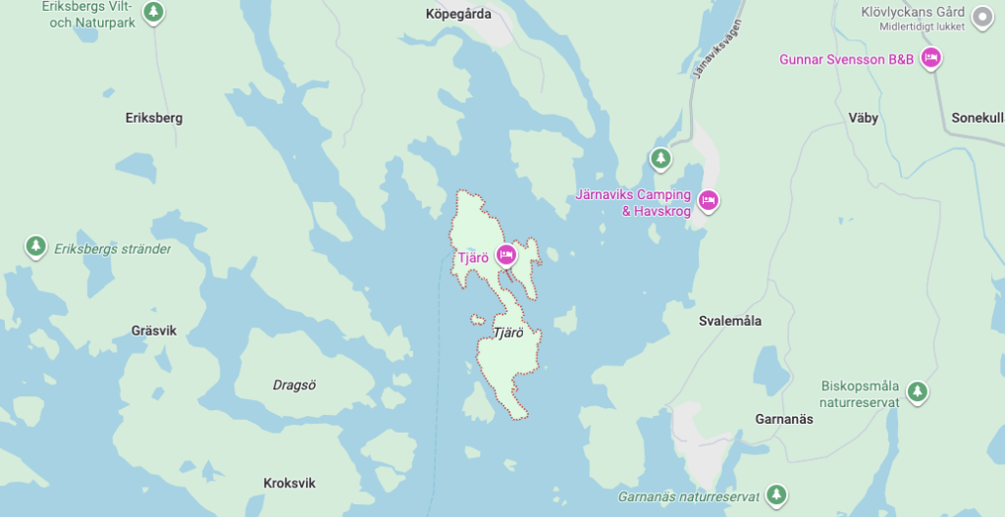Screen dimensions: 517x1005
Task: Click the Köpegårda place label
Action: pyautogui.click(x=458, y=14)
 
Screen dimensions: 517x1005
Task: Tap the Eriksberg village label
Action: pyautogui.click(x=154, y=118)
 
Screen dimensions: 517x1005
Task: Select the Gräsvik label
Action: pyautogui.click(x=154, y=331)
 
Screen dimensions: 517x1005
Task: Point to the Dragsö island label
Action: pyautogui.click(x=294, y=385)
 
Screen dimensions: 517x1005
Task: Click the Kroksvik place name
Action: pyautogui.click(x=290, y=483)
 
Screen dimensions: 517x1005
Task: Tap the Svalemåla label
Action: pyautogui.click(x=730, y=321)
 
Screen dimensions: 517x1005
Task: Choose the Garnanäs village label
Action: pyautogui.click(x=784, y=419)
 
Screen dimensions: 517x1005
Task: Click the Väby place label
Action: pyautogui.click(x=864, y=118)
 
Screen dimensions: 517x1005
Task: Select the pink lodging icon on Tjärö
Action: pyautogui.click(x=506, y=255)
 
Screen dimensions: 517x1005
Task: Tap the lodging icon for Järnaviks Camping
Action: pyautogui.click(x=709, y=201)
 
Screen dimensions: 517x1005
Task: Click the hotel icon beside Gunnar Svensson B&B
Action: pyautogui.click(x=931, y=59)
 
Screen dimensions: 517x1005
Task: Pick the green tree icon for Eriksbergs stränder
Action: pyautogui.click(x=36, y=245)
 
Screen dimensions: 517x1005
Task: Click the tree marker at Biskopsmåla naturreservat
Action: pyautogui.click(x=918, y=391)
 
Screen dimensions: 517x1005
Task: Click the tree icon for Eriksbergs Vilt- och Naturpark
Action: pyautogui.click(x=153, y=12)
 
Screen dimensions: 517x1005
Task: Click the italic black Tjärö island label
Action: pyautogui.click(x=507, y=333)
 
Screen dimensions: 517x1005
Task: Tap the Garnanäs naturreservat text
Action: pyautogui.click(x=688, y=496)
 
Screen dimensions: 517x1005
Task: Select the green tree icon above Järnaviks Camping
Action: pyautogui.click(x=661, y=157)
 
